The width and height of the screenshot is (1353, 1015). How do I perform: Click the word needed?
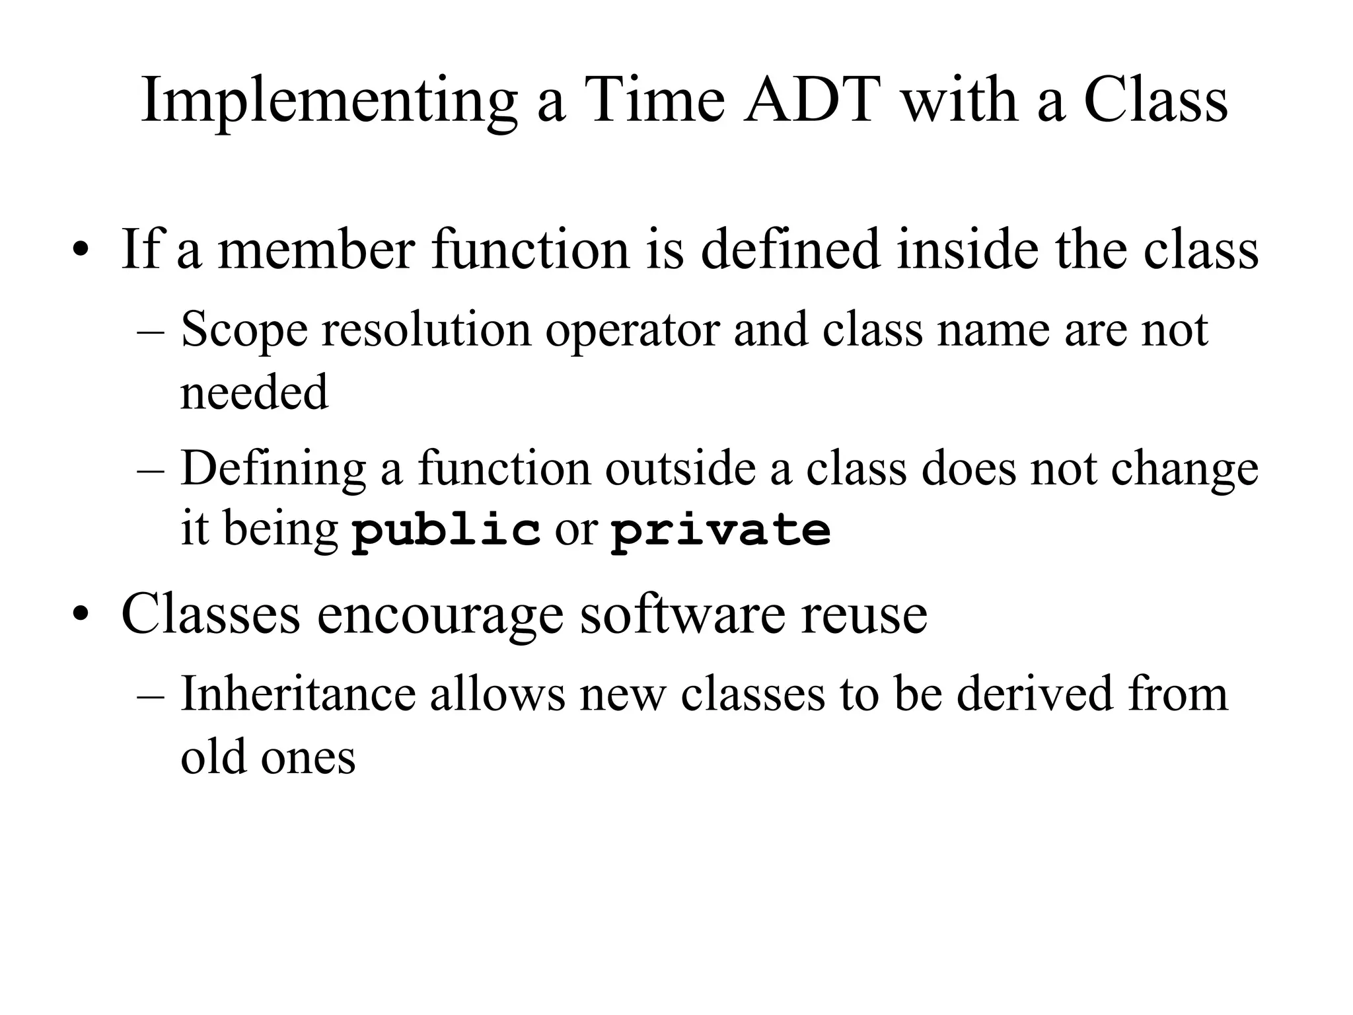point(254,393)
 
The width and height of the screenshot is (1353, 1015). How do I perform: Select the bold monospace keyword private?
point(720,531)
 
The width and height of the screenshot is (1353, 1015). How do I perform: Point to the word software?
point(682,615)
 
